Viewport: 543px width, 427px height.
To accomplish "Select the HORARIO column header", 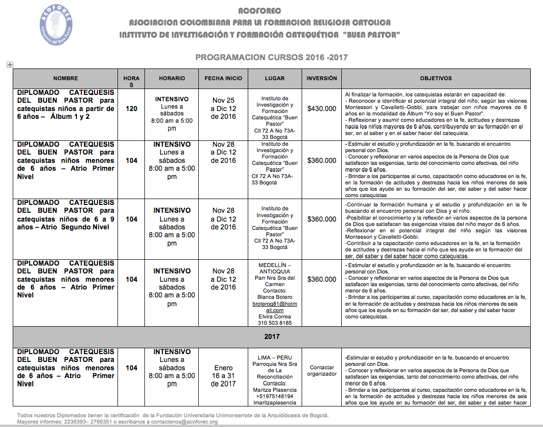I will click(172, 78).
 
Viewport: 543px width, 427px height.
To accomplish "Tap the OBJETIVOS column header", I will click(436, 78).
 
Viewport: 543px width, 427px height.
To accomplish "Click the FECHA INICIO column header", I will click(223, 78).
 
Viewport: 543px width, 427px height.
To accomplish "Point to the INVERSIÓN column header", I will click(322, 78).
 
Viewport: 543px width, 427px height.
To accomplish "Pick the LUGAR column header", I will click(274, 78).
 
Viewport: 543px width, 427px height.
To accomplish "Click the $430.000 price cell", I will click(322, 109).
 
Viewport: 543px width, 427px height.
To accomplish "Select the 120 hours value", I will click(131, 109).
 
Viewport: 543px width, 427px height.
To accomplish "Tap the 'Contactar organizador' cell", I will click(322, 370).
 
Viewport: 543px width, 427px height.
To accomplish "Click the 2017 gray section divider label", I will click(271, 337).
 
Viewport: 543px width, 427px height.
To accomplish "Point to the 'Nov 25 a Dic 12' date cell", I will click(223, 109).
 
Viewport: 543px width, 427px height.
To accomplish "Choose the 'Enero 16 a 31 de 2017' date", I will click(223, 376).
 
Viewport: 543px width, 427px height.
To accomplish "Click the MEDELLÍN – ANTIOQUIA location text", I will click(274, 268).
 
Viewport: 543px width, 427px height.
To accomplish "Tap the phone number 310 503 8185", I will click(274, 323).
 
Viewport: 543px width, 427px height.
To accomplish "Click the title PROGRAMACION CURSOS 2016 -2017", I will click(271, 57).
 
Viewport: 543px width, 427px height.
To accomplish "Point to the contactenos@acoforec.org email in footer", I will click(184, 422).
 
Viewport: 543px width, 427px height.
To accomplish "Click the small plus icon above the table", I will click(9, 65).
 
